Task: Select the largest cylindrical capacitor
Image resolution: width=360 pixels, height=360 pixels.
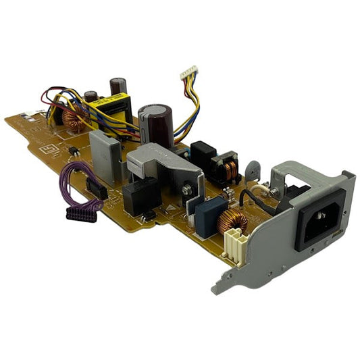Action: pyautogui.click(x=154, y=124)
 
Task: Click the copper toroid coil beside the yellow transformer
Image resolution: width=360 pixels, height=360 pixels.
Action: pyautogui.click(x=76, y=119)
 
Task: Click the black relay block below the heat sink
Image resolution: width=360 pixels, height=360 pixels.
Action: pyautogui.click(x=140, y=197)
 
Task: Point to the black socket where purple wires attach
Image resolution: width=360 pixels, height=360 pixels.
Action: pyautogui.click(x=97, y=189)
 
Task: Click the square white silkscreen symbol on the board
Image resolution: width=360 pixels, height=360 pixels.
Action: pyautogui.click(x=48, y=150)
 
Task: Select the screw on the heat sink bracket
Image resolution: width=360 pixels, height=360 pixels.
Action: pyautogui.click(x=274, y=192)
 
